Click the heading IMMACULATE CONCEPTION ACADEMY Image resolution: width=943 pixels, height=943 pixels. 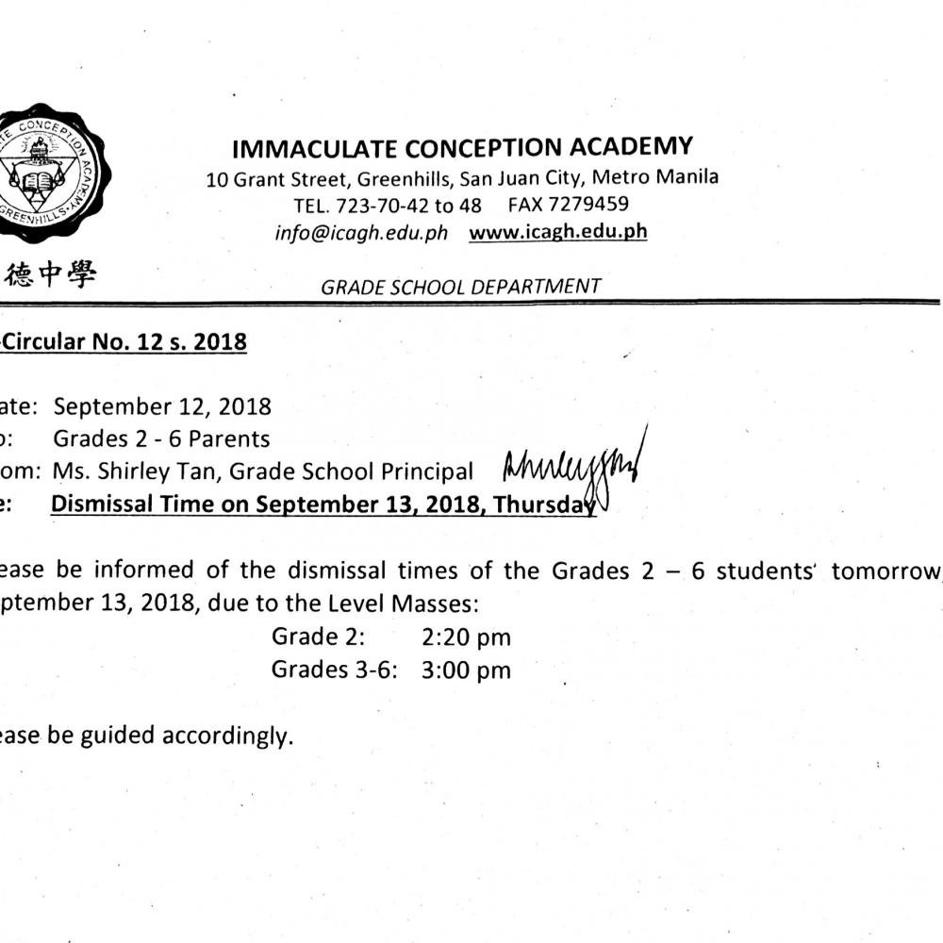pos(462,148)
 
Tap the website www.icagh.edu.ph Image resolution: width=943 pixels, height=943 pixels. pos(557,232)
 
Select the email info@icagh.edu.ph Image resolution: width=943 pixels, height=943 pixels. pos(362,233)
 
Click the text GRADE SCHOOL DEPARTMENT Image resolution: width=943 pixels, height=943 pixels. pos(460,287)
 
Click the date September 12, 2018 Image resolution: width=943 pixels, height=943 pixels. pos(162,406)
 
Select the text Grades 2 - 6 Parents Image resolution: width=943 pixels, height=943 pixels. pos(161,438)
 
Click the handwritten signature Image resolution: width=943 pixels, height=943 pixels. pos(571,469)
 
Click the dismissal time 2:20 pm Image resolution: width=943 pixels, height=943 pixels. pos(466,637)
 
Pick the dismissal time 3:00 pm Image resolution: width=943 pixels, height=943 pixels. pos(466,670)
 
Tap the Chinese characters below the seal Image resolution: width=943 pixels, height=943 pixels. pos(52,274)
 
